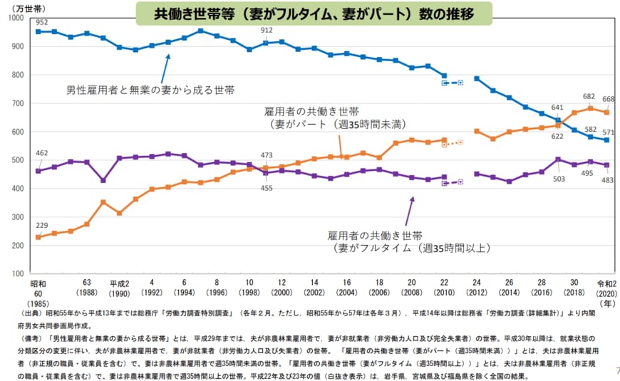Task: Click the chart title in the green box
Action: [313, 13]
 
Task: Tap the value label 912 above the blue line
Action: [267, 31]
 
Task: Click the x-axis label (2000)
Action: [281, 292]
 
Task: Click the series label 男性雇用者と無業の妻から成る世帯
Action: [150, 90]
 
